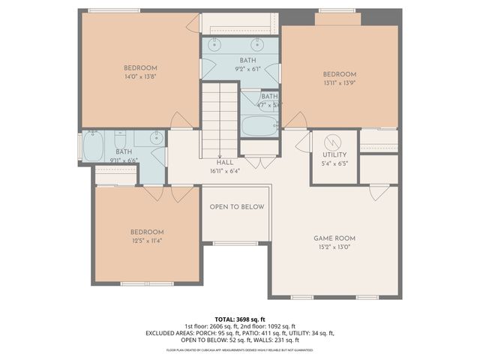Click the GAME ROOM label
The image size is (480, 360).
coord(333,238)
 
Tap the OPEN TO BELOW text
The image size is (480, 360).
coord(236,207)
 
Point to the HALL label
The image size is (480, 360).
coord(224,162)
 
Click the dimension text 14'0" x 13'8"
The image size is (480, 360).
coord(140,76)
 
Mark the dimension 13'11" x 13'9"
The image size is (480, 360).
coord(339,82)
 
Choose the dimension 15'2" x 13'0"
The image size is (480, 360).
coord(333,247)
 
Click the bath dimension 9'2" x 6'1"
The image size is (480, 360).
coord(247,68)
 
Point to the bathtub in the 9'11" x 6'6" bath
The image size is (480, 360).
coord(94,146)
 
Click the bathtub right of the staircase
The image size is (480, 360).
coord(259,125)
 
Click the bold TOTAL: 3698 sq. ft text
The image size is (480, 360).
coord(239,319)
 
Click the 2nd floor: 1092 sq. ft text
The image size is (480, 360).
coord(267,326)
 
